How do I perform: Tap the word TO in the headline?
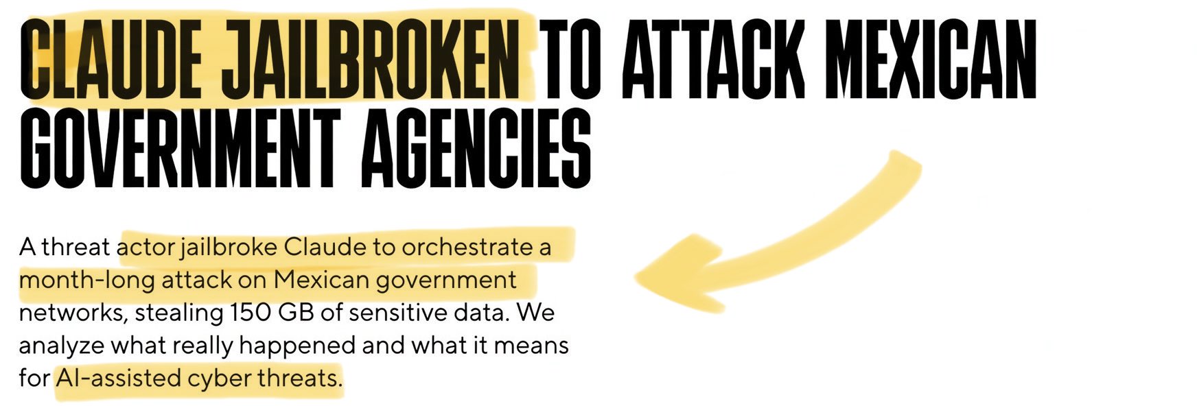click(x=570, y=58)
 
